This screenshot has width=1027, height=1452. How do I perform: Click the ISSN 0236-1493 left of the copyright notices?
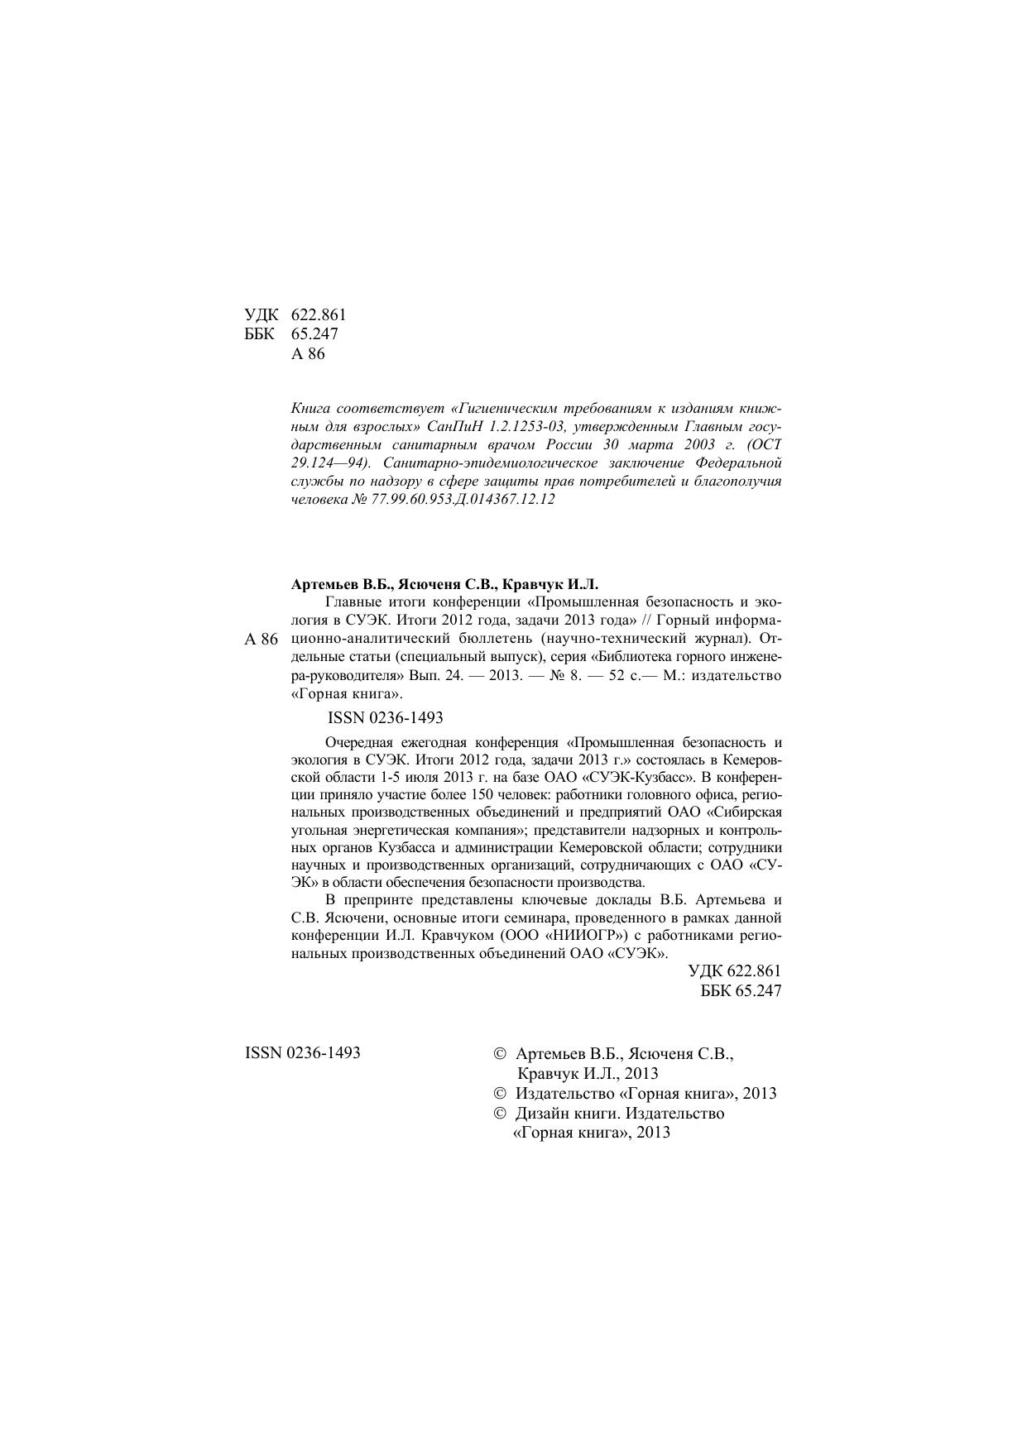(303, 1053)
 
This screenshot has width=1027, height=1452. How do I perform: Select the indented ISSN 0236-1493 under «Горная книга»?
(386, 717)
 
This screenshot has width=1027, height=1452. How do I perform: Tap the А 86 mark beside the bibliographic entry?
(262, 640)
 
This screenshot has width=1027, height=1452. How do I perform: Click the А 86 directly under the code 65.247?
(309, 354)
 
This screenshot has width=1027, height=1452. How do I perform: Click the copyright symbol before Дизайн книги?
(499, 1114)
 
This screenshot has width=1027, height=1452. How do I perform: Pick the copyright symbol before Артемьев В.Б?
(499, 1055)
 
